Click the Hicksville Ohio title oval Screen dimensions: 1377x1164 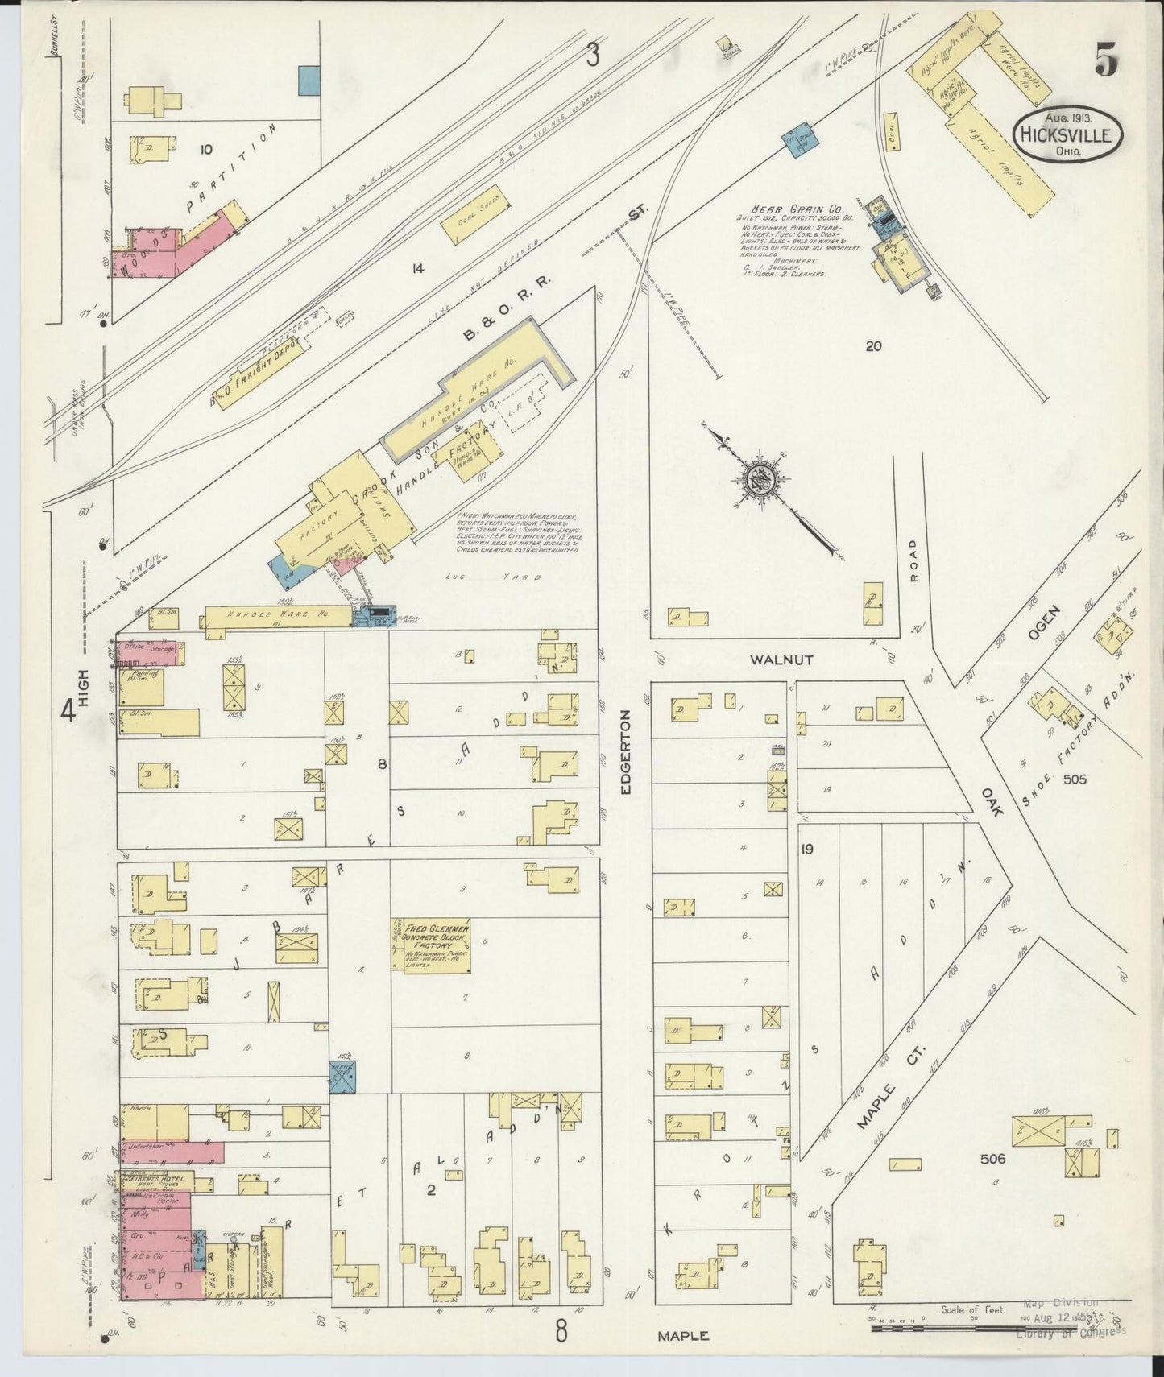[1067, 134]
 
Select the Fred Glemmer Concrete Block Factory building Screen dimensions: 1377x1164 [430, 944]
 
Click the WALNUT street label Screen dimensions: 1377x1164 [781, 660]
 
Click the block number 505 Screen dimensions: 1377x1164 [1075, 779]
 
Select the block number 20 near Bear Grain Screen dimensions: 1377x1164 [873, 346]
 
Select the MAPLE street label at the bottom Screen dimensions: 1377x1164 [683, 1335]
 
